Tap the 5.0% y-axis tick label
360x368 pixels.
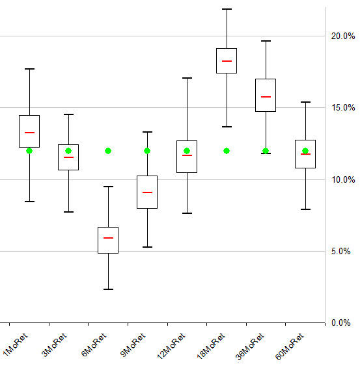[343, 251]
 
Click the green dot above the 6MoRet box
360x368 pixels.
[108, 151]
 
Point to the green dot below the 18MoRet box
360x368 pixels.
[227, 151]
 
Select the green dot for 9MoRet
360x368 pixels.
[147, 151]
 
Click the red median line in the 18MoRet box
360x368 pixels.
[227, 60]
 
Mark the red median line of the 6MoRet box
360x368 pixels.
[108, 238]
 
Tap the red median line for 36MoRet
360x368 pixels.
[266, 96]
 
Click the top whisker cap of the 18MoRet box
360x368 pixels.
[227, 9]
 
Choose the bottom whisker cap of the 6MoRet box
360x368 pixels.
[108, 289]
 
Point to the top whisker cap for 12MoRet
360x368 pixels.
[187, 78]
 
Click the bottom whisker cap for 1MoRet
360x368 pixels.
[29, 202]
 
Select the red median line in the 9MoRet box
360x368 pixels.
[147, 192]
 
